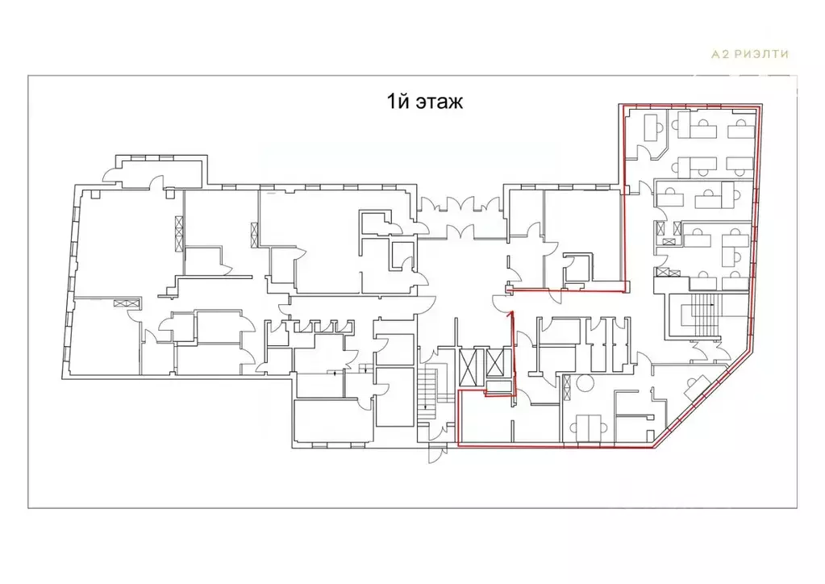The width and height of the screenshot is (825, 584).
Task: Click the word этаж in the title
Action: point(440,101)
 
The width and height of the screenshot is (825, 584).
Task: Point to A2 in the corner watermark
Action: point(720,54)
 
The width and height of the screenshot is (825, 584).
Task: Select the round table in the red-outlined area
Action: point(585,382)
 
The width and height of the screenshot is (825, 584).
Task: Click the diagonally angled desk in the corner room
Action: point(697,388)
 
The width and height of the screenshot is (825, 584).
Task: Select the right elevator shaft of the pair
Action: point(495,362)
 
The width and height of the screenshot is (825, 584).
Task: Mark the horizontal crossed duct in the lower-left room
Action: point(127,302)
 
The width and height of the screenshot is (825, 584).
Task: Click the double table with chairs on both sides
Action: point(590,428)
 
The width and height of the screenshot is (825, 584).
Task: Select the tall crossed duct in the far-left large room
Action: point(179,232)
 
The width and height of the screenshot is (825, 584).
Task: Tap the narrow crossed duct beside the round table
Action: point(567,388)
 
